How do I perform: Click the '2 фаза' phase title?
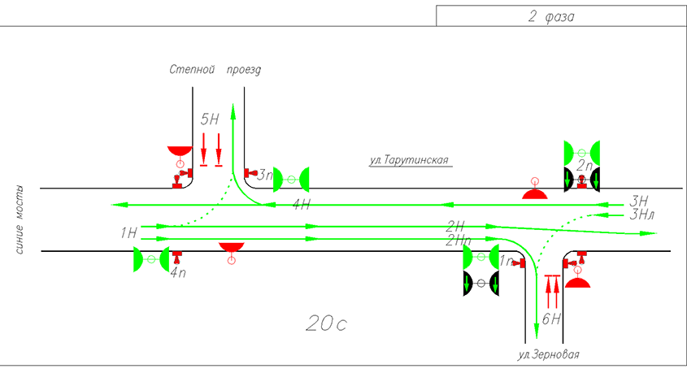click(550, 16)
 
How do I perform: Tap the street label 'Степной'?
click(192, 69)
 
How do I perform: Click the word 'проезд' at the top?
click(244, 70)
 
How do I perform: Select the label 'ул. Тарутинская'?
click(409, 160)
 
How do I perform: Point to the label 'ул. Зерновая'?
click(548, 354)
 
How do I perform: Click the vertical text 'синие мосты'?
click(20, 219)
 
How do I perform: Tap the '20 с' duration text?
click(326, 323)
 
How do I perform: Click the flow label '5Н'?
click(210, 119)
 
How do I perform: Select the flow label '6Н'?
click(551, 319)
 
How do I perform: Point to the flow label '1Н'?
click(128, 233)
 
